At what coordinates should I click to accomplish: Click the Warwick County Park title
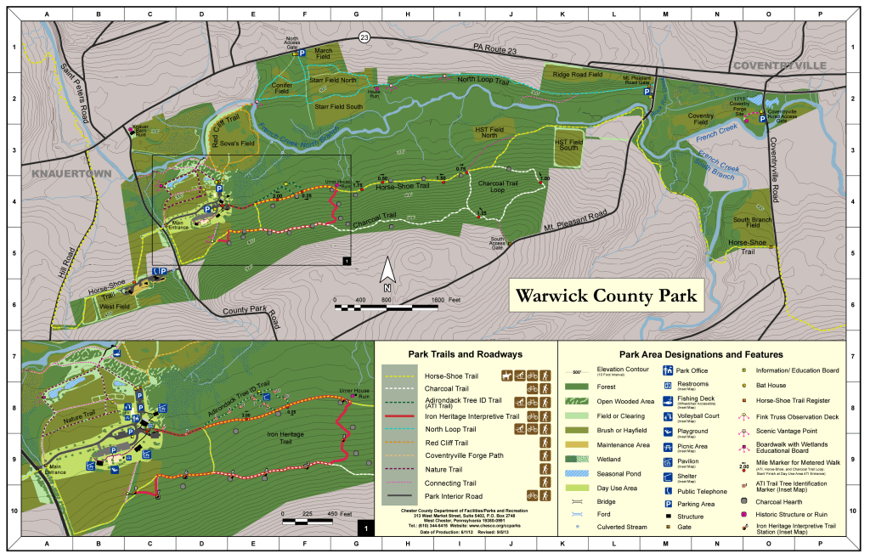click(x=607, y=296)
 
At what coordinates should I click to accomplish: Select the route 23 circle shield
click(x=364, y=37)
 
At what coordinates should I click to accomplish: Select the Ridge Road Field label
click(x=578, y=75)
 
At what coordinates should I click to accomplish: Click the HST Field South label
click(x=569, y=145)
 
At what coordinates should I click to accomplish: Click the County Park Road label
click(x=251, y=312)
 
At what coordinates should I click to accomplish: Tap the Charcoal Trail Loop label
click(x=503, y=185)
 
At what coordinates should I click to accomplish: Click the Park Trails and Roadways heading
click(x=465, y=353)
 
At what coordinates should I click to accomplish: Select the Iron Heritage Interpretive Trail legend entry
click(x=472, y=416)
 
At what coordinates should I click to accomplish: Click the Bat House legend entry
click(x=769, y=385)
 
